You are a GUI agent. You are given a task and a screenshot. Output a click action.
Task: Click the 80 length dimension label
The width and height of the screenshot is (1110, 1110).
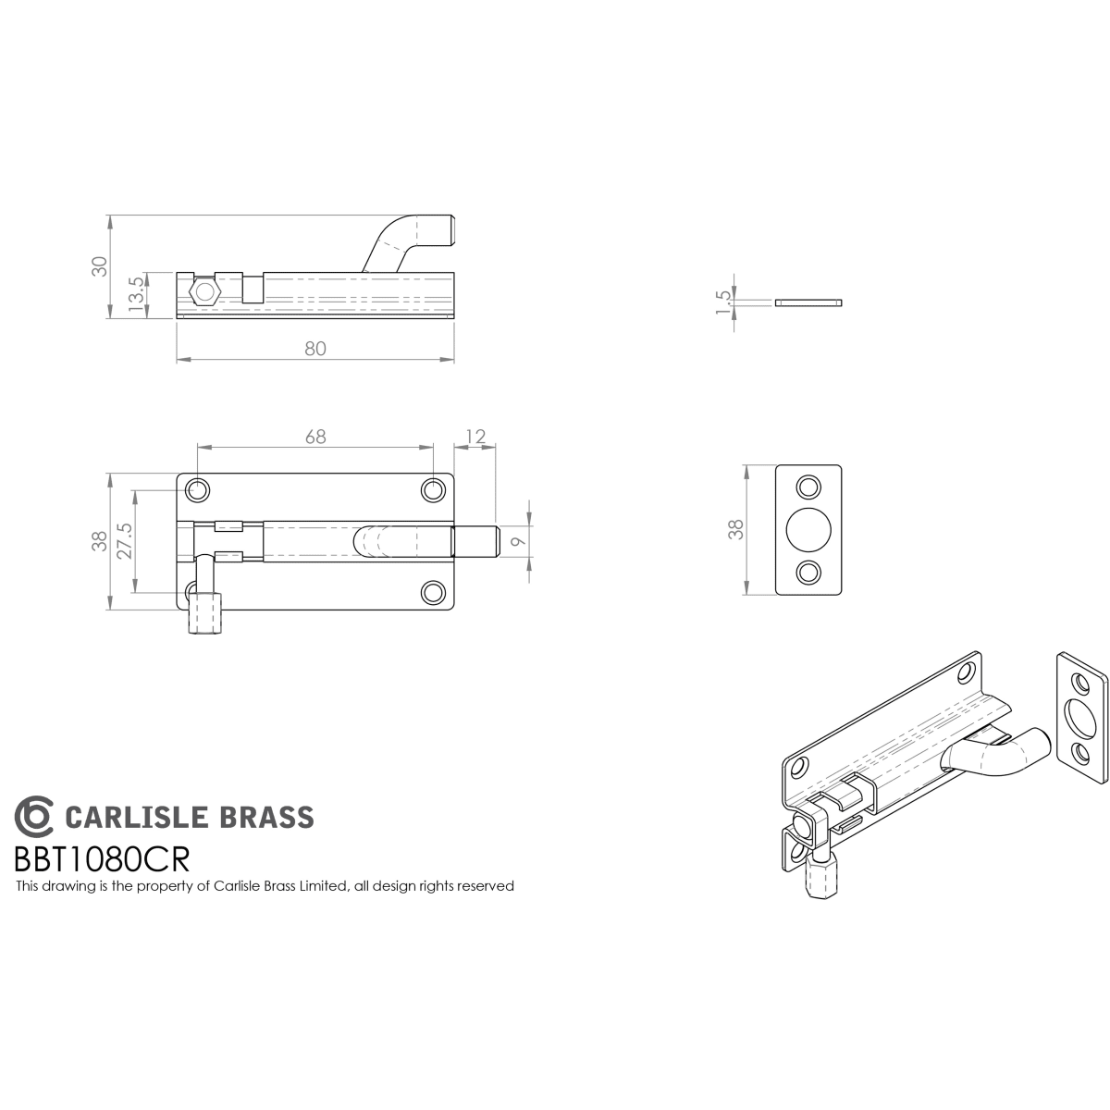[315, 349]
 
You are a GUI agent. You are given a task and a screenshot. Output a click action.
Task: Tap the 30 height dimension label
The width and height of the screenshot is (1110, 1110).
[100, 266]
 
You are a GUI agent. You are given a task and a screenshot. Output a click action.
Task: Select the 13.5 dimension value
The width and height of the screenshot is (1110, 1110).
[136, 294]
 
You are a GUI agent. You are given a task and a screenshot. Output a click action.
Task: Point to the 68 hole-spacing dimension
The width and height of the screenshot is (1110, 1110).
[315, 437]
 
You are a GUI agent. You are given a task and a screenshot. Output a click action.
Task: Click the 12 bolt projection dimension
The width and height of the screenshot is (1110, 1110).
[475, 437]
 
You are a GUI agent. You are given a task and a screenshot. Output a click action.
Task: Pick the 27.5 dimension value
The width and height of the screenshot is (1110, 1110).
[125, 541]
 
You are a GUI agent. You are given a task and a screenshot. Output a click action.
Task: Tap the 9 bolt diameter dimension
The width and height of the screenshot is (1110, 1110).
[518, 541]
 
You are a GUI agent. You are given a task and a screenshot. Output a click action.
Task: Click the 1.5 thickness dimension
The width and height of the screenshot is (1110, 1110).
[723, 302]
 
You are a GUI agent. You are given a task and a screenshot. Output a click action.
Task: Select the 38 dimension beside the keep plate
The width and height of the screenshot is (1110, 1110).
[736, 529]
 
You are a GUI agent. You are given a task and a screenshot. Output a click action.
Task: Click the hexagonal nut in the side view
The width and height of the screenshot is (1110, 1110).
[204, 292]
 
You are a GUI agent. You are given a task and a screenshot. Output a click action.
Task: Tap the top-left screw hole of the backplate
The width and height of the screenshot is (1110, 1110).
[197, 491]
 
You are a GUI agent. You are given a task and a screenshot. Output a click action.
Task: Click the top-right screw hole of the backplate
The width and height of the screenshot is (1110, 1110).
[433, 491]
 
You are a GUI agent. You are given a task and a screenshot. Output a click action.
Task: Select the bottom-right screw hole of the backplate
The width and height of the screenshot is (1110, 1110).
[433, 593]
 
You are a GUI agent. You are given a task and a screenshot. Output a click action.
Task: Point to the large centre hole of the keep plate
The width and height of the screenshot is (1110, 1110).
[808, 530]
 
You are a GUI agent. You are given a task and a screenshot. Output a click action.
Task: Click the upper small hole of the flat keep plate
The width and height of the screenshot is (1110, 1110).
[808, 487]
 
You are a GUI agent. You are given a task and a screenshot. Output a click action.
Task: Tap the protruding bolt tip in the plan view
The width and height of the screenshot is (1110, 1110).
[475, 541]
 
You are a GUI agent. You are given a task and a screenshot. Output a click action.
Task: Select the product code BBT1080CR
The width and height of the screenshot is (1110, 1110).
[102, 859]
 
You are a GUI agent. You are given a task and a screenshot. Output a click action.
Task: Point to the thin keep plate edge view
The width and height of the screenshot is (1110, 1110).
[808, 302]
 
